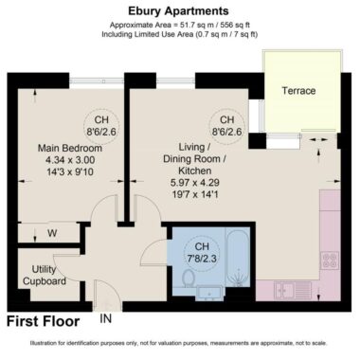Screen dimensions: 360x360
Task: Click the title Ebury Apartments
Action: click(178, 11)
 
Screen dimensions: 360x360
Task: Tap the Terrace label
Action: click(298, 91)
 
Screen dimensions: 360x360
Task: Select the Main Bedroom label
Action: click(70, 148)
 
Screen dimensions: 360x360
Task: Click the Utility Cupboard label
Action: click(45, 275)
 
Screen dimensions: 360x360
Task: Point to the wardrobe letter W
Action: click(52, 233)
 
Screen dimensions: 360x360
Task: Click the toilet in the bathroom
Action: click(189, 277)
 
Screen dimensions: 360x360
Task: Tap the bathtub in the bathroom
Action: click(238, 258)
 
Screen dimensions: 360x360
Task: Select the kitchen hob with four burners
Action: click(330, 261)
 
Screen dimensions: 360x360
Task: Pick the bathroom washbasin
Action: click(210, 293)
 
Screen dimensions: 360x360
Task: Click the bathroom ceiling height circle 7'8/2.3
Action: click(202, 252)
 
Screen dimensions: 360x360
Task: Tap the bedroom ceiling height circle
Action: click(101, 125)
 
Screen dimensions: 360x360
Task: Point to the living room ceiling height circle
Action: click(227, 125)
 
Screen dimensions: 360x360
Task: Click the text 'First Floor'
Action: click(44, 321)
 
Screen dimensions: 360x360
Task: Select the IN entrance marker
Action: click(106, 318)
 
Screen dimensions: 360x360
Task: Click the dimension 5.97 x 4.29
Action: click(195, 182)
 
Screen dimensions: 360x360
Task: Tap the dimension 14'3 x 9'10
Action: click(70, 171)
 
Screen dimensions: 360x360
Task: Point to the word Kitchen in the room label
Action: click(195, 171)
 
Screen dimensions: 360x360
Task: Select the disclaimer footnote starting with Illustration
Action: click(179, 343)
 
